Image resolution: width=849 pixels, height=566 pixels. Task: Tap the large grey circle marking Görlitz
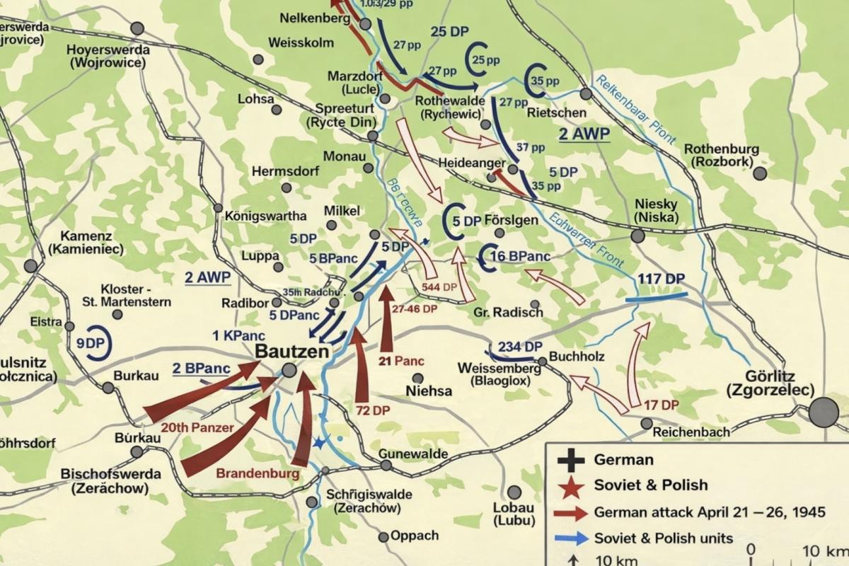tap(824, 412)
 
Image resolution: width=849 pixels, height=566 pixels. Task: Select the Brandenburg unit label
tap(258, 474)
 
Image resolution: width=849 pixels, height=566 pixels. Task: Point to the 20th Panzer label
tap(197, 427)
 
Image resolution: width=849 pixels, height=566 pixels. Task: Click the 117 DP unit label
tap(661, 279)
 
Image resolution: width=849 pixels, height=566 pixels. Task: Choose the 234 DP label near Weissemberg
tap(520, 347)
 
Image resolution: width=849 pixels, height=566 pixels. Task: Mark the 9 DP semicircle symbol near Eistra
tap(93, 343)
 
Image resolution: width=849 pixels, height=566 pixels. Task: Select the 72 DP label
tap(372, 410)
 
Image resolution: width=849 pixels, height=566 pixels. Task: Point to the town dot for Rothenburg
tap(760, 173)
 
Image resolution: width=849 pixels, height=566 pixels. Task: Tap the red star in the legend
tap(570, 486)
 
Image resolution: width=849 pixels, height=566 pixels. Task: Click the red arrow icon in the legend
tap(570, 512)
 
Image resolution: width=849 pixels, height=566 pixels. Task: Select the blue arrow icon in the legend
tap(570, 538)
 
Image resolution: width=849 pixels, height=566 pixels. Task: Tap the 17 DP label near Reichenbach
tap(662, 405)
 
